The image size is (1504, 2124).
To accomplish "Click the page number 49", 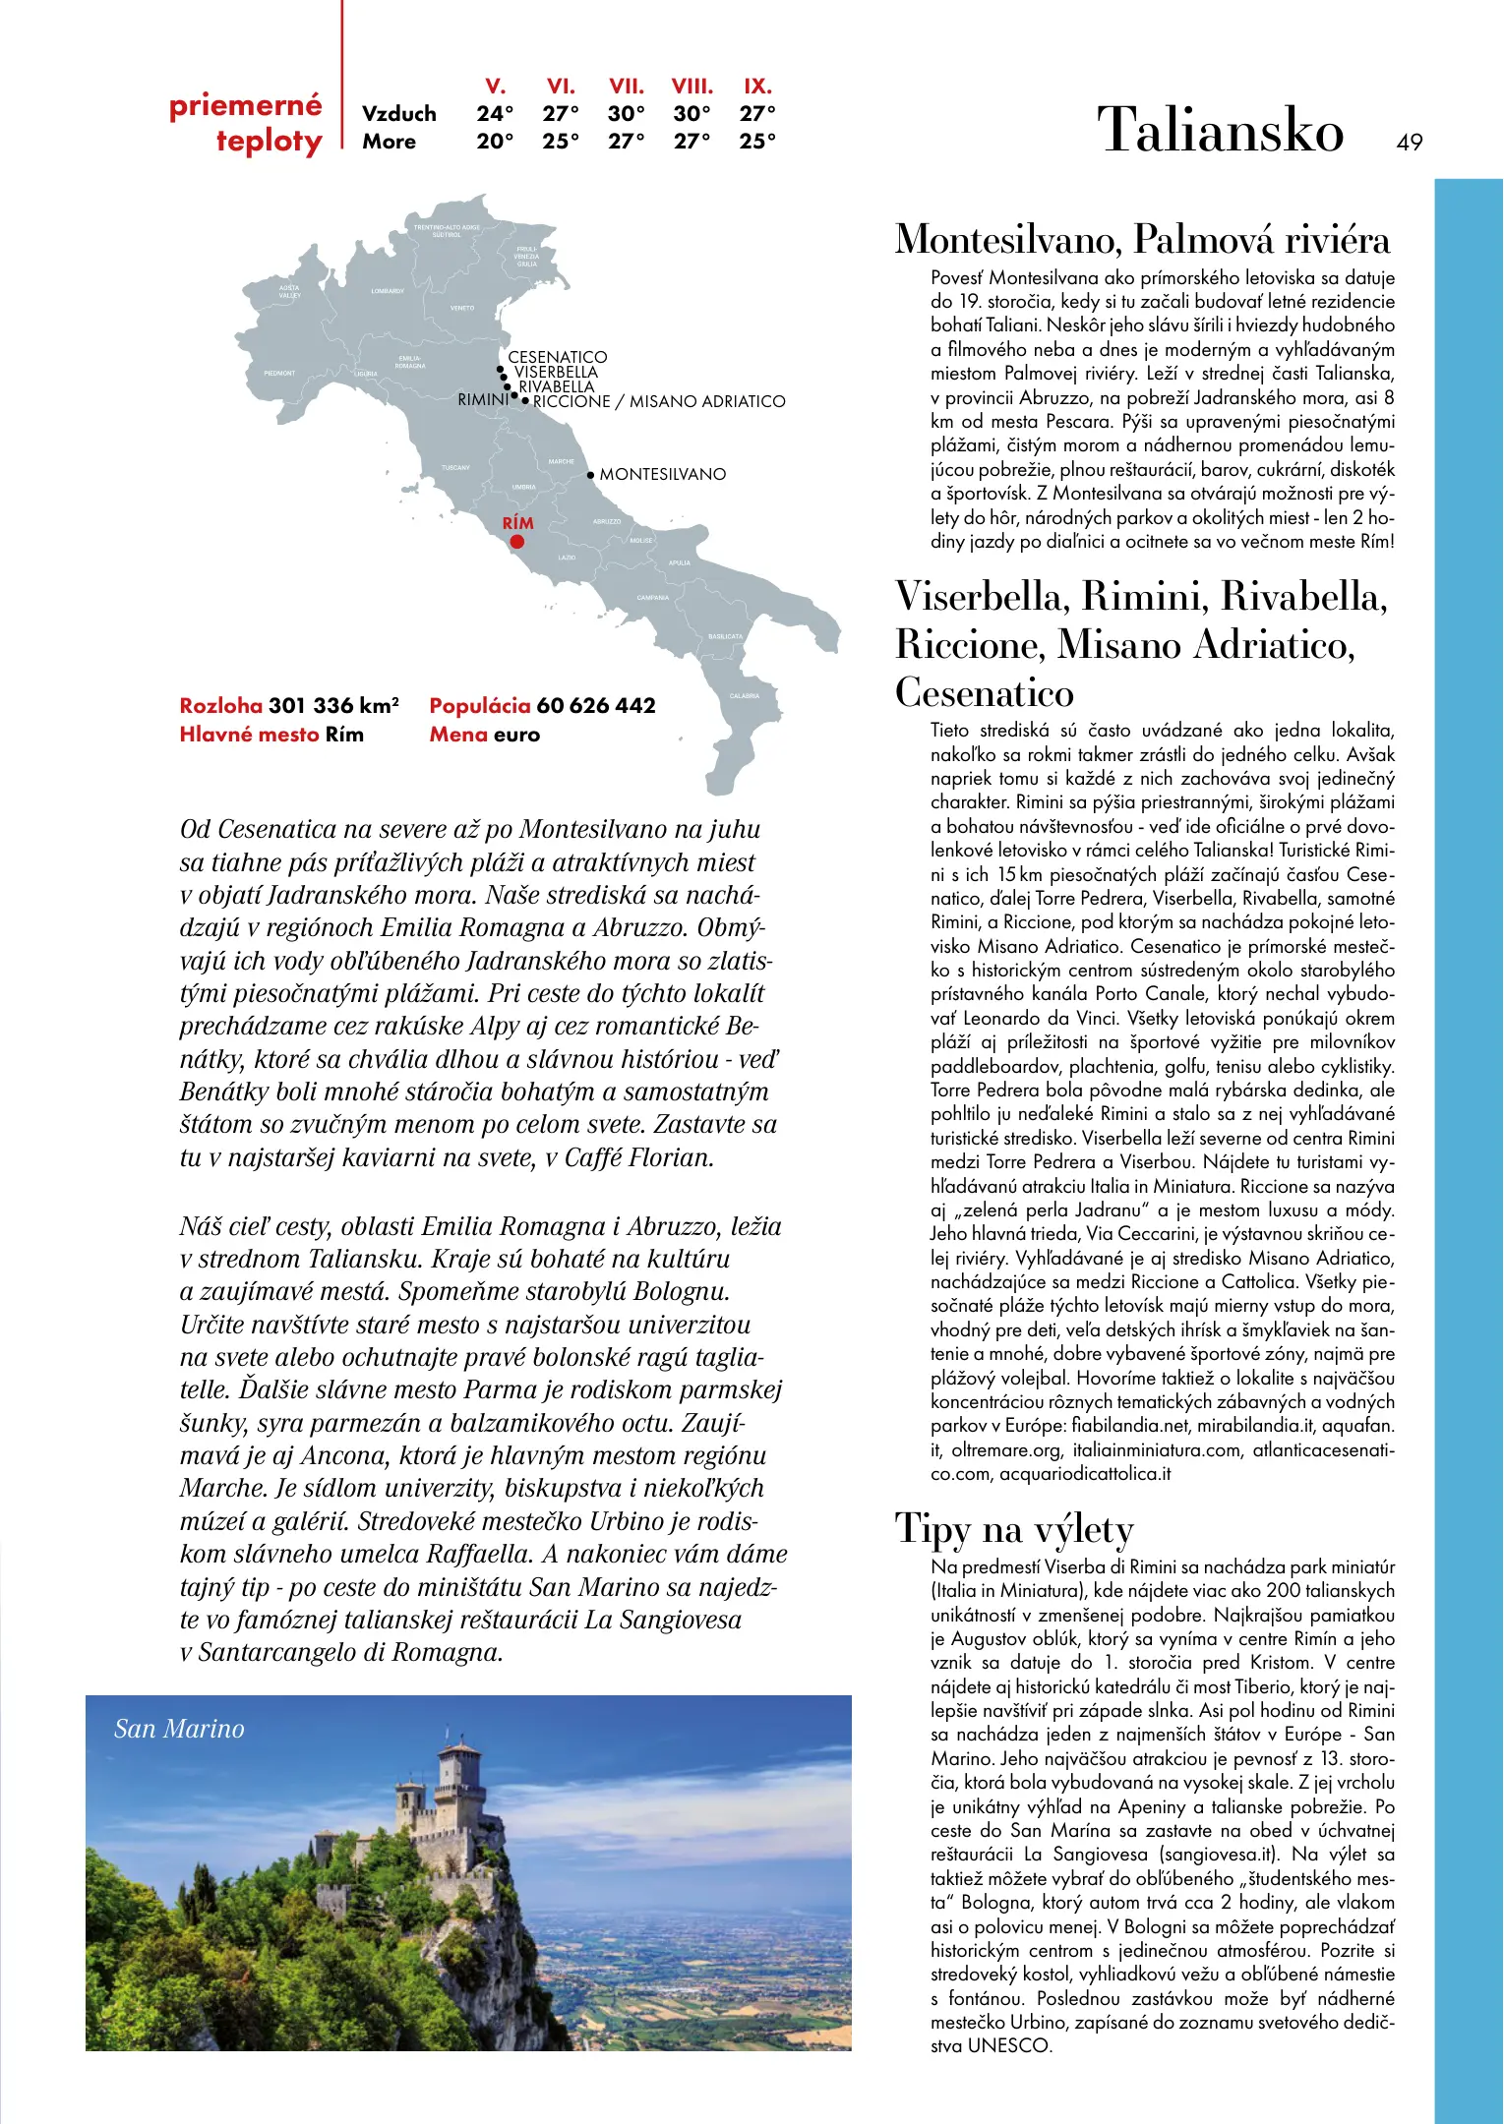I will (1409, 143).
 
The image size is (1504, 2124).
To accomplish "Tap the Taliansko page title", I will (1220, 131).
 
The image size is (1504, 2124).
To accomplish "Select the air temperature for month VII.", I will (626, 114).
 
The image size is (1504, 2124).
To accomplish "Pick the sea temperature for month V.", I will (495, 142).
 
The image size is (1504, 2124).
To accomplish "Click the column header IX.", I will (757, 87).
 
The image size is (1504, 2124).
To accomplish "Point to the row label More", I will (389, 142).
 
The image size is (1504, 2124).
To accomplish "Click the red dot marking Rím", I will (516, 542).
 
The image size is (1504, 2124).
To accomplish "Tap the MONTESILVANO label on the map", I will (662, 475).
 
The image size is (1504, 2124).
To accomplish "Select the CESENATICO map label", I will (557, 357).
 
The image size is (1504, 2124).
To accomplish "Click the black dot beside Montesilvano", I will (590, 475).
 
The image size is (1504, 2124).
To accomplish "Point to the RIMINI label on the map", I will (483, 400).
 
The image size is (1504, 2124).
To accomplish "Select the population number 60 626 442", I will (595, 706).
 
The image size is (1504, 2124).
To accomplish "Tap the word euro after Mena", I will (516, 735).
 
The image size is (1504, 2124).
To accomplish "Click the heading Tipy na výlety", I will (1014, 1529).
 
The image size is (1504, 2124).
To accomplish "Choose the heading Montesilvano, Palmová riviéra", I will (1142, 240).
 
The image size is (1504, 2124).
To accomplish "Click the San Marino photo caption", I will (179, 1729).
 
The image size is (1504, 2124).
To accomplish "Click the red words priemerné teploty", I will (246, 123).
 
